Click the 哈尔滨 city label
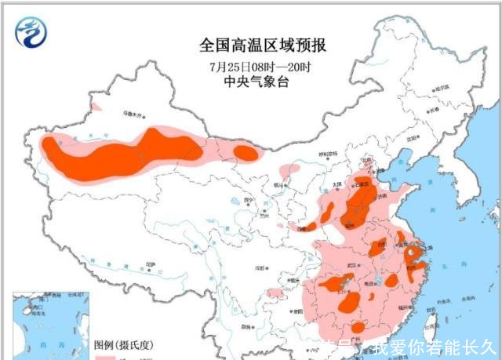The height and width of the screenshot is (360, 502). coord(445,87)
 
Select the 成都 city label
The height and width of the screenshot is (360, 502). coord(258,268)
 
